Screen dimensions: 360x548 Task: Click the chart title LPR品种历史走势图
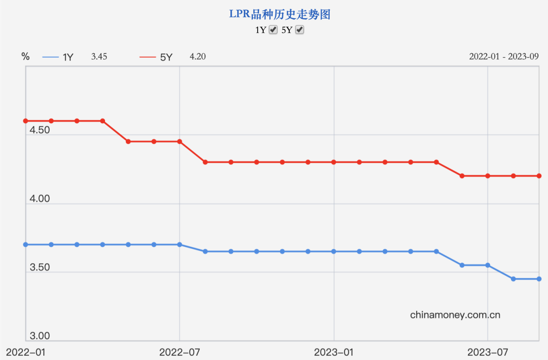280,14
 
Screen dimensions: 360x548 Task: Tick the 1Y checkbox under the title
273,30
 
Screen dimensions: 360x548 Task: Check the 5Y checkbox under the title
300,30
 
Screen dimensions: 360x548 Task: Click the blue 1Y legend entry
58,57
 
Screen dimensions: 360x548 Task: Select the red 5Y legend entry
156,57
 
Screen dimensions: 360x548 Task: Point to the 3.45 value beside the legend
99,57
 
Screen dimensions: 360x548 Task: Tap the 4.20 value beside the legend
198,57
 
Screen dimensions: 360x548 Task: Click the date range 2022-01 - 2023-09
504,57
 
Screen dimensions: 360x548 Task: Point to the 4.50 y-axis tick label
40,130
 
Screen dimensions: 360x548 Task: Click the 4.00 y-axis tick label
40,199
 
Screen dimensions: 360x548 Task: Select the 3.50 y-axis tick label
40,268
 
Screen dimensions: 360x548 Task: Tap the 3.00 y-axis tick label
40,336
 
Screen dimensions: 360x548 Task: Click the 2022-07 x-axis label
179,352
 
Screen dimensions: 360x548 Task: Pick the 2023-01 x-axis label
334,352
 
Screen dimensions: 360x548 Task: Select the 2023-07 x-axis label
487,352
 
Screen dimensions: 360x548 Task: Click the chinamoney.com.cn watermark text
455,315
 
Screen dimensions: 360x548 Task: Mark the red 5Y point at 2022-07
180,141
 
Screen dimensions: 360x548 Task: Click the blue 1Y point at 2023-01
334,251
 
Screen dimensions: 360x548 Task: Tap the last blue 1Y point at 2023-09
539,279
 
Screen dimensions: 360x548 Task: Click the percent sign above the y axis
25,57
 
